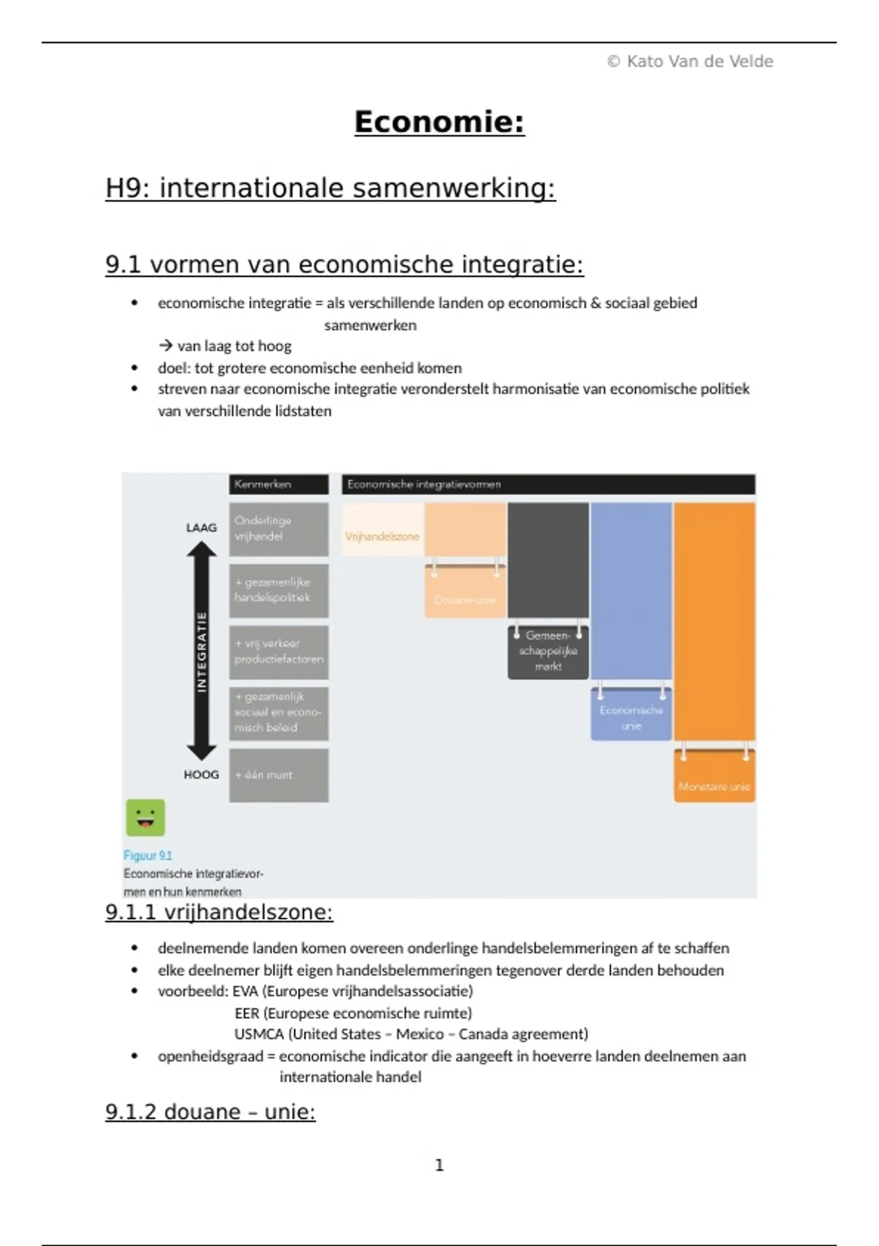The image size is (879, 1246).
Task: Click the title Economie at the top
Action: click(x=439, y=122)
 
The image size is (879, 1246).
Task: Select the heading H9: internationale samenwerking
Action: click(x=330, y=188)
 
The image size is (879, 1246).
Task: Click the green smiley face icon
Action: click(x=146, y=817)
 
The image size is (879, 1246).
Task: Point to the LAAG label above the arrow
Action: click(x=201, y=527)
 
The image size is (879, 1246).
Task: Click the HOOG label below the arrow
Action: click(x=201, y=775)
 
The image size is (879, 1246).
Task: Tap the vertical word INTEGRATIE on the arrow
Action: click(x=201, y=652)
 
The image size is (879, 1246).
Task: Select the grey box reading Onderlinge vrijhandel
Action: click(x=278, y=528)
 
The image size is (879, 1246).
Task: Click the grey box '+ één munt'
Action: click(x=278, y=775)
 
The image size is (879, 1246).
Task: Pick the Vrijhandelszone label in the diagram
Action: click(x=382, y=537)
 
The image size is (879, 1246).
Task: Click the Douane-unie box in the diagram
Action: click(x=465, y=600)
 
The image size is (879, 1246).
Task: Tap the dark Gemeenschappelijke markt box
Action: click(x=548, y=651)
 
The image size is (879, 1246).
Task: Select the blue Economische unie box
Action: click(x=631, y=718)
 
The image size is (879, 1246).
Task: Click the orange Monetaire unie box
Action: click(x=714, y=786)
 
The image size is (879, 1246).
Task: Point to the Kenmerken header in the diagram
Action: click(x=278, y=484)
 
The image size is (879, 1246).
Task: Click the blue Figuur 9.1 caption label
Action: click(x=148, y=855)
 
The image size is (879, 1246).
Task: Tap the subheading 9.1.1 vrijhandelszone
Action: click(x=219, y=913)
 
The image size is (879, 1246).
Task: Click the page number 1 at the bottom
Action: click(x=439, y=1165)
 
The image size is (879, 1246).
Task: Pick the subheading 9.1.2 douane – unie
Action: click(x=210, y=1112)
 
